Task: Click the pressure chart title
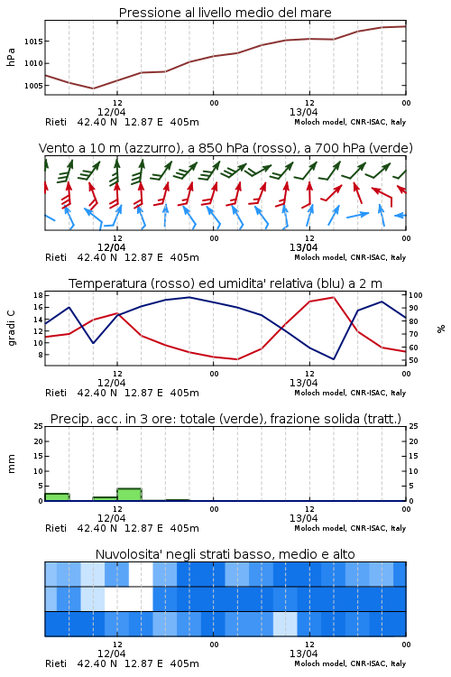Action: [225, 13]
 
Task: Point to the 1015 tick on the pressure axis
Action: [33, 42]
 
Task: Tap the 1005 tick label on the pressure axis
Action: [33, 86]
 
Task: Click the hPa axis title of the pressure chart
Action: [11, 57]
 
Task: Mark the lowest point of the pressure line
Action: [93, 88]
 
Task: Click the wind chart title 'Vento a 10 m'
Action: [225, 148]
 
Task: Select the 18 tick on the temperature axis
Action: [38, 295]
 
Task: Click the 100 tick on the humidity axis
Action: [416, 295]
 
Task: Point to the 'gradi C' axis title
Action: [11, 328]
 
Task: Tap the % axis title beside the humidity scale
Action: [441, 329]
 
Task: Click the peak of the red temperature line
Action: [333, 297]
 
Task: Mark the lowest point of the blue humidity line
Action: [333, 358]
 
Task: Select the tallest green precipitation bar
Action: [129, 495]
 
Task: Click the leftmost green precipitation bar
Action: [57, 497]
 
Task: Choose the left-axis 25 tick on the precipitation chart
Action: [38, 426]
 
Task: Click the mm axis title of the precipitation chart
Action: [11, 464]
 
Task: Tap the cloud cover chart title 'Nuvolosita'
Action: [225, 554]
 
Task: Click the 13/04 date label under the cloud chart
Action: [303, 654]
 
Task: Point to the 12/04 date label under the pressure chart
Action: [111, 112]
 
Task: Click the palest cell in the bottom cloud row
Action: [285, 624]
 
